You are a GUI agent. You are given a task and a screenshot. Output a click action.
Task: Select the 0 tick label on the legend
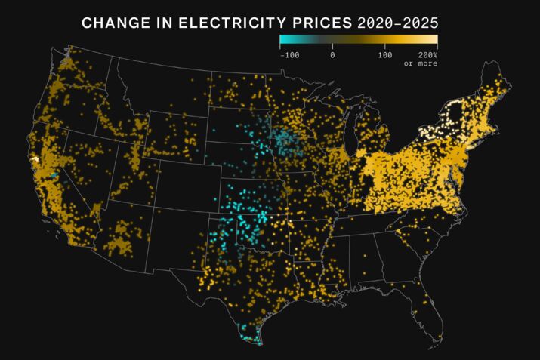click(332, 55)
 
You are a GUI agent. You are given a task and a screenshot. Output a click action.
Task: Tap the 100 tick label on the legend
click(384, 55)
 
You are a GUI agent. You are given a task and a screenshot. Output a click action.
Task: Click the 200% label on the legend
click(427, 55)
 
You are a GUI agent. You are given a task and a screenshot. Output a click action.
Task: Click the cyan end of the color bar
click(283, 41)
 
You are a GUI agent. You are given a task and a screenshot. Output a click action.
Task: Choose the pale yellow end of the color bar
click(434, 41)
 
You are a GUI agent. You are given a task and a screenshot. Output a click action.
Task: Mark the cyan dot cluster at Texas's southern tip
click(248, 334)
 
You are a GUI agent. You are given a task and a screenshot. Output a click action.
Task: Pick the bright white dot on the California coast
click(35, 159)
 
